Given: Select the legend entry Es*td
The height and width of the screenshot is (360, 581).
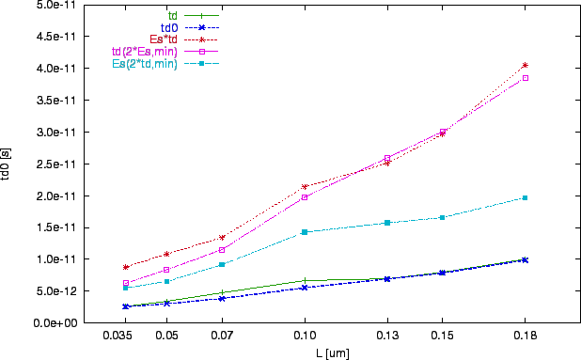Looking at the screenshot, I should (x=165, y=39).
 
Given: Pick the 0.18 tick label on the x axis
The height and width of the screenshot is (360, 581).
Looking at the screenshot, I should (x=525, y=335).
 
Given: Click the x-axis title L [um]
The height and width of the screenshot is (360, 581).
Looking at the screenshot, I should (x=333, y=352).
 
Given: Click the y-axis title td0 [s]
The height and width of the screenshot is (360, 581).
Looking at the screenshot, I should (x=8, y=164).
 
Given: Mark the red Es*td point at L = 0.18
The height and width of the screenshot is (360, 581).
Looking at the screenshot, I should (x=525, y=65).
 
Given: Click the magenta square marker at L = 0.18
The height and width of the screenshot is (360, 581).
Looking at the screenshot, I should (x=525, y=78).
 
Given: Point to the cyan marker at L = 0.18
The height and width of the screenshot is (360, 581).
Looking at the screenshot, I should (x=525, y=197).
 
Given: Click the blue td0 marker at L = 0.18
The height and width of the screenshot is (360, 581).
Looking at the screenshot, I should (x=525, y=259).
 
